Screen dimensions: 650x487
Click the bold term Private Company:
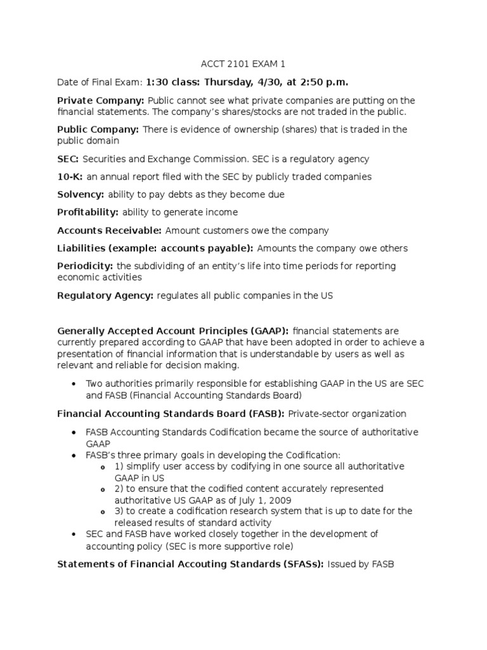click(x=101, y=100)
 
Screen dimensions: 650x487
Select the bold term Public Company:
click(x=98, y=129)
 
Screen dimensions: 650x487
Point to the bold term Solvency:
click(x=81, y=194)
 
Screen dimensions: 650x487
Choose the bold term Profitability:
click(x=88, y=212)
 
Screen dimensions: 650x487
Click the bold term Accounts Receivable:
click(x=109, y=230)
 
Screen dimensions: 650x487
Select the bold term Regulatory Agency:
click(x=105, y=295)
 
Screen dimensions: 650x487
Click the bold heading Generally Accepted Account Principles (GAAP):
click(x=173, y=331)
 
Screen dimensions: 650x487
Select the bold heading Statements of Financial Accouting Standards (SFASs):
click(x=191, y=563)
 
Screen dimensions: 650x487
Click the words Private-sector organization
click(x=347, y=414)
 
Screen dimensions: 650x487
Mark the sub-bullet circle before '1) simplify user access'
click(x=103, y=467)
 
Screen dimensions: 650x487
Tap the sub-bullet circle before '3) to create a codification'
click(x=103, y=512)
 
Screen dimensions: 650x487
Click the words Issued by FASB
click(x=361, y=563)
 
